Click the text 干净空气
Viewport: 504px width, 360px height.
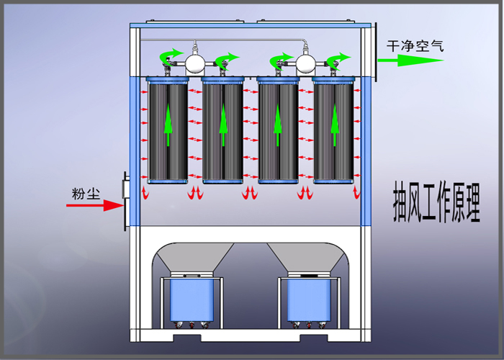tap(415, 45)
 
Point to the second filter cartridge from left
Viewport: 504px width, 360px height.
tap(223, 130)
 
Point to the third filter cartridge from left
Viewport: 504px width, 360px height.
tap(279, 130)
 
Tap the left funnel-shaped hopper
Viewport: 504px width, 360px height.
tap(193, 259)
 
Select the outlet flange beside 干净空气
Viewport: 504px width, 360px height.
tap(375, 54)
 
